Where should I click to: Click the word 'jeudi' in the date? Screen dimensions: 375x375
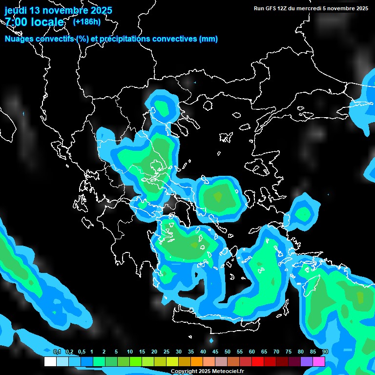(x=16, y=10)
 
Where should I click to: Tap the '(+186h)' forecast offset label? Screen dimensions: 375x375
(x=86, y=21)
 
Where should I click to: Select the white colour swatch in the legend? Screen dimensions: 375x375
(x=50, y=361)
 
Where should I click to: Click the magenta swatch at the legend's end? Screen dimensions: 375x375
(x=319, y=361)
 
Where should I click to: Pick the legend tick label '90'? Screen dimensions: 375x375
(x=325, y=352)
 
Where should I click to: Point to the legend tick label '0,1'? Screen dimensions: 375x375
(x=57, y=352)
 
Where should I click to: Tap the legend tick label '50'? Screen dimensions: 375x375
(x=228, y=352)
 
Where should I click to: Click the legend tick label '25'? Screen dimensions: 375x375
(x=167, y=352)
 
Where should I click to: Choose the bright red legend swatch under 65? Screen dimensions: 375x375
(x=258, y=361)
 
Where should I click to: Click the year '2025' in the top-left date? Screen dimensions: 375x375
(x=99, y=10)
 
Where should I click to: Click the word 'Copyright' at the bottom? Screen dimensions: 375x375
(x=183, y=372)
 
